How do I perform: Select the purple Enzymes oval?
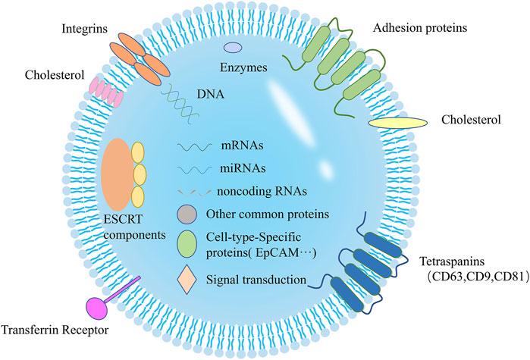232,48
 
